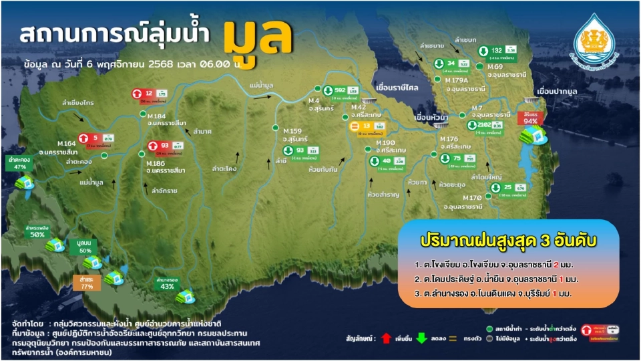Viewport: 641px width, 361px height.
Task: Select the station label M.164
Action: point(67,143)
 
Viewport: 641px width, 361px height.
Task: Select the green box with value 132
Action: point(497,51)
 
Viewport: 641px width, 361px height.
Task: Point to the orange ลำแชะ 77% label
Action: point(86,281)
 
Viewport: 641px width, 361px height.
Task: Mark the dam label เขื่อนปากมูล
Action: point(558,89)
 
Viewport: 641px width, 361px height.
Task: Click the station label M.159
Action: point(292,130)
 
